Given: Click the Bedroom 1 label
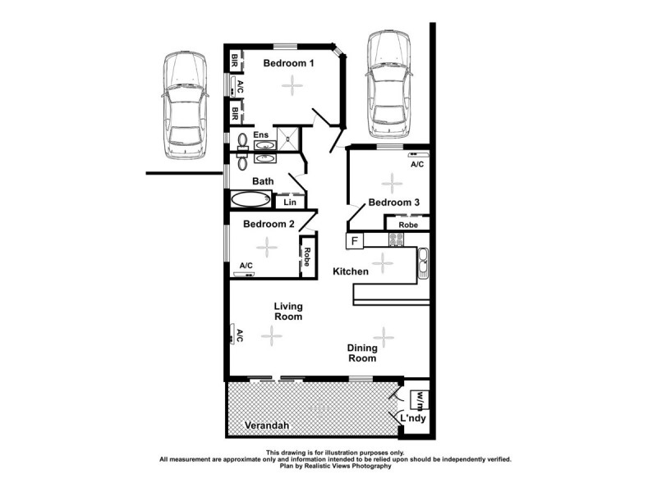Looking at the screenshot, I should point(288,63).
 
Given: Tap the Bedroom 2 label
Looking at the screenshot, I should point(269,224).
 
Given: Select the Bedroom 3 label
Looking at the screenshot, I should point(393,203).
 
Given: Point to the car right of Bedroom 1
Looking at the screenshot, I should point(388,85).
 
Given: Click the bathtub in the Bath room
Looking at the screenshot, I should point(250,199).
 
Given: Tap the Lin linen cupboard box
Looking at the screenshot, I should point(289,202).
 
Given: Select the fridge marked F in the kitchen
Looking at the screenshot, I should point(355,241).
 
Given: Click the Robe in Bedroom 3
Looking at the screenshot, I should point(408,224).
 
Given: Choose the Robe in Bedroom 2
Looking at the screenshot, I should point(305,258).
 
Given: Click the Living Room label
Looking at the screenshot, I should point(288,311).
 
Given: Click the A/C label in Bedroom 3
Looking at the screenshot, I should point(416,164).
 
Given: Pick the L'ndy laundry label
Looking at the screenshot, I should point(412,419).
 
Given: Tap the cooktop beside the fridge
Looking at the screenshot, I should point(396,239).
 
